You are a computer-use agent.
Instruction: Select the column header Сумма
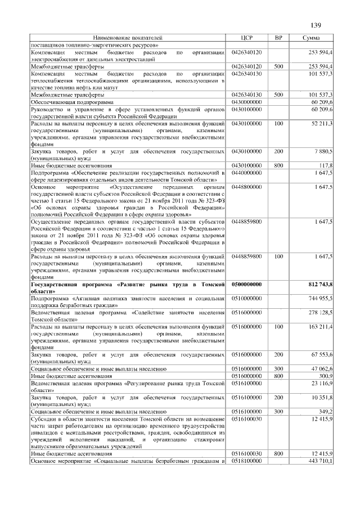pyautogui.click(x=311, y=38)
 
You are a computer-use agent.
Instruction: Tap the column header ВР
pyautogui.click(x=278, y=38)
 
